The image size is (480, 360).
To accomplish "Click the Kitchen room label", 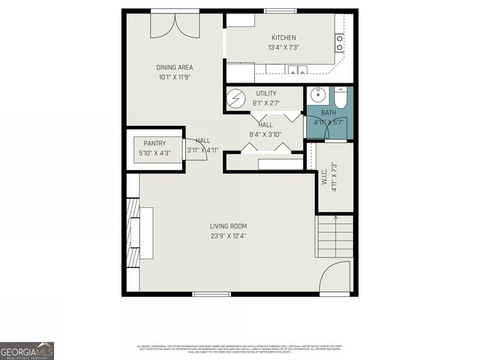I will coord(283,37).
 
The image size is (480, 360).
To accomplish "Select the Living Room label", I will coord(229,226).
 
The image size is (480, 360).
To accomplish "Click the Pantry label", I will coord(154,142).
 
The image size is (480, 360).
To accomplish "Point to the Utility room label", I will coord(265,93).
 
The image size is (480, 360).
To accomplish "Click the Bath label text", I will coord(328,113).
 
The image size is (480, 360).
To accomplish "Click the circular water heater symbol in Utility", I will coord(237,99).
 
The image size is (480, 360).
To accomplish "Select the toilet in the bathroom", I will coord(340,97).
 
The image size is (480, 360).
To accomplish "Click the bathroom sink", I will coord(318,95).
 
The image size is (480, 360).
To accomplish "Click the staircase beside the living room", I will coord(334,235).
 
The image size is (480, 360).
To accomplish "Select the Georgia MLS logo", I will coord(27,350).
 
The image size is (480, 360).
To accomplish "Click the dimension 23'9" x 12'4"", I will coord(229,236).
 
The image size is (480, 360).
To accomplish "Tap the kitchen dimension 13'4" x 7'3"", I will coord(283,48).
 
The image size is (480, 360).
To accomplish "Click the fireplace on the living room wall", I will coord(133,232).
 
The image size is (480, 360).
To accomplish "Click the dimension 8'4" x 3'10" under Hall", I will coord(265,134).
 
